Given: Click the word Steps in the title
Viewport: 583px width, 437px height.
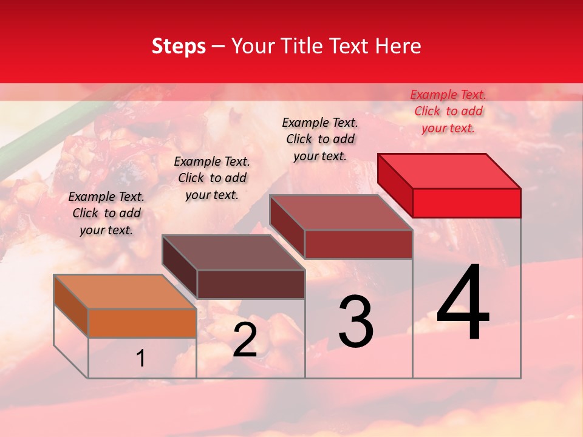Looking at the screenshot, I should (x=179, y=46).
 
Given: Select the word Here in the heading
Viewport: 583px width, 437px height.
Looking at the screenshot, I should (x=398, y=46).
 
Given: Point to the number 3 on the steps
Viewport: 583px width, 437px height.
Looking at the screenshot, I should (x=356, y=321).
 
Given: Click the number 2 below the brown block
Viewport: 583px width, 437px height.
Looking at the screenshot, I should (x=245, y=340).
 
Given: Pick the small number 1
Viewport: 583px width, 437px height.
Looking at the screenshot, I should (x=141, y=359).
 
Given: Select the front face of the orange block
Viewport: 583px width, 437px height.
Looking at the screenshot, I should (x=142, y=323).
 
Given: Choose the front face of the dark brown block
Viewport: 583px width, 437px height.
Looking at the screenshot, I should (x=251, y=284).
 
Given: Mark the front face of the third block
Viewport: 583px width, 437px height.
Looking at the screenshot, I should (x=358, y=244).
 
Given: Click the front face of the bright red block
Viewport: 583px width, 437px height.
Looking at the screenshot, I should (x=466, y=203).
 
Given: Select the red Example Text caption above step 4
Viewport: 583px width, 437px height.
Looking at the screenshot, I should (x=448, y=111).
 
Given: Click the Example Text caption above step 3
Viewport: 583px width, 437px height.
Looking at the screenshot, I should (x=320, y=139).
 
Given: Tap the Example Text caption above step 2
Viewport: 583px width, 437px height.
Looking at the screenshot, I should (x=212, y=178).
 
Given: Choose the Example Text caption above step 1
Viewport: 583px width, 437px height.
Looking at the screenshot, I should (x=106, y=213).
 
